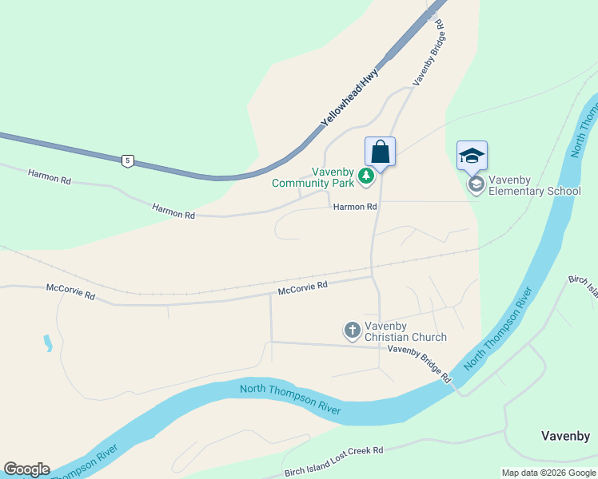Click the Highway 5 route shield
tap(127, 161)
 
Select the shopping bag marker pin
tap(381, 152)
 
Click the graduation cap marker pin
tap(472, 156)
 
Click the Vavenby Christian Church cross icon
tap(352, 330)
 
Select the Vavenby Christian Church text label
tap(405, 331)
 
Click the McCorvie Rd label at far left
tap(70, 292)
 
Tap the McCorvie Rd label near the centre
tap(303, 288)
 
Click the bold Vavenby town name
tap(565, 436)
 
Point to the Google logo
tap(26, 469)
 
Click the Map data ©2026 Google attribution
tap(548, 473)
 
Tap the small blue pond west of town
tap(47, 343)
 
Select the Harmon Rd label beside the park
tap(355, 207)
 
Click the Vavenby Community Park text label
tap(313, 177)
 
